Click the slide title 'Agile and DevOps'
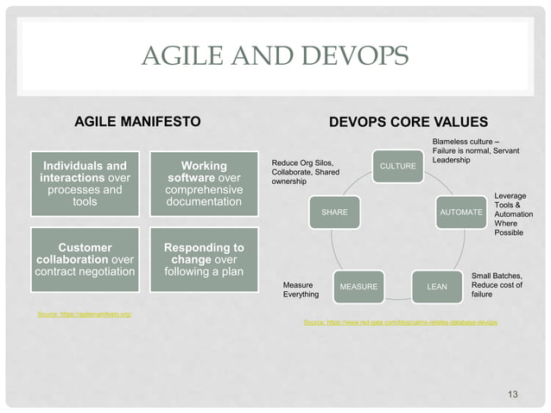click(x=275, y=59)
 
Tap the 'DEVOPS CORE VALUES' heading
click(x=408, y=122)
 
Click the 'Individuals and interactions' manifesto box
click(x=85, y=183)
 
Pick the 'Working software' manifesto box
click(x=204, y=183)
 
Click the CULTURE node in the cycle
click(x=398, y=165)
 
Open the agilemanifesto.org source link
click(x=85, y=314)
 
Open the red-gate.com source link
click(x=401, y=321)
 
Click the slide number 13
click(x=513, y=395)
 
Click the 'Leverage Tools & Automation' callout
click(x=513, y=214)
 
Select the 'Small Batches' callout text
click(x=497, y=285)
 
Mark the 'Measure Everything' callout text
click(x=301, y=289)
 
